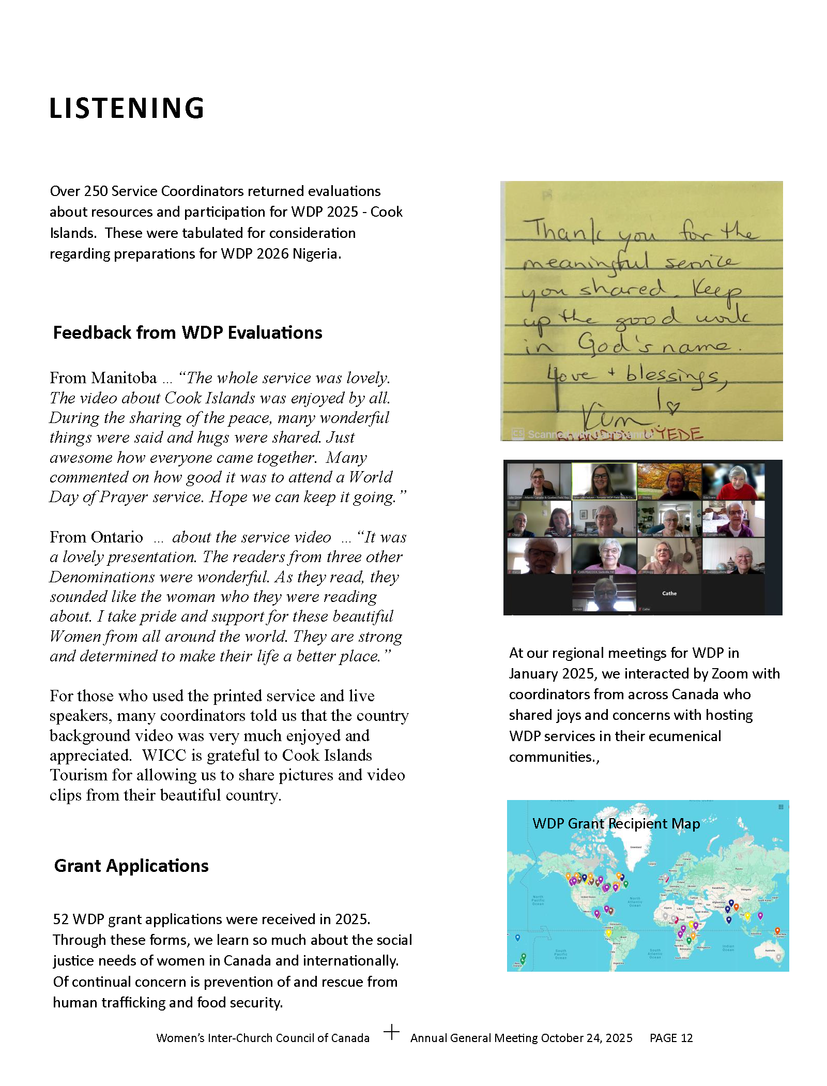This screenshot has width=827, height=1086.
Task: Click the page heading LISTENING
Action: [x=127, y=109]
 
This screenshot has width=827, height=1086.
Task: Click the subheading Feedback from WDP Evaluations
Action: [x=188, y=333]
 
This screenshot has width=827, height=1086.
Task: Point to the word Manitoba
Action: [x=124, y=378]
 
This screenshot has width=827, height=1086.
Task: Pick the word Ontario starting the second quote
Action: [x=117, y=537]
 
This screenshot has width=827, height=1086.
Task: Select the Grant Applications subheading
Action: [x=131, y=866]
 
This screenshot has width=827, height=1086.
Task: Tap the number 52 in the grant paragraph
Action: [x=60, y=919]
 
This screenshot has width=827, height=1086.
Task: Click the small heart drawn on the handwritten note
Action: [x=672, y=408]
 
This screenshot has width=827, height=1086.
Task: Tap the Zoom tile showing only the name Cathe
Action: [x=669, y=593]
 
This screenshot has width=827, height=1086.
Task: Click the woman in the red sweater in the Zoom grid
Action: [x=733, y=481]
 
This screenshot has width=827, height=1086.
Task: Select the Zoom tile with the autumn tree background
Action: [x=669, y=481]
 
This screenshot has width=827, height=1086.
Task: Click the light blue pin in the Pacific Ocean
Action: [x=517, y=938]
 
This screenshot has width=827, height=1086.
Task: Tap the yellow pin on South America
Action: [x=609, y=934]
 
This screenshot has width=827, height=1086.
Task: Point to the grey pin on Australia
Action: [x=779, y=966]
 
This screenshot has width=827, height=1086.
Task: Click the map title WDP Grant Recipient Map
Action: [x=616, y=823]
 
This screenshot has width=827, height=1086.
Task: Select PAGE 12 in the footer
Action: [x=671, y=1038]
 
